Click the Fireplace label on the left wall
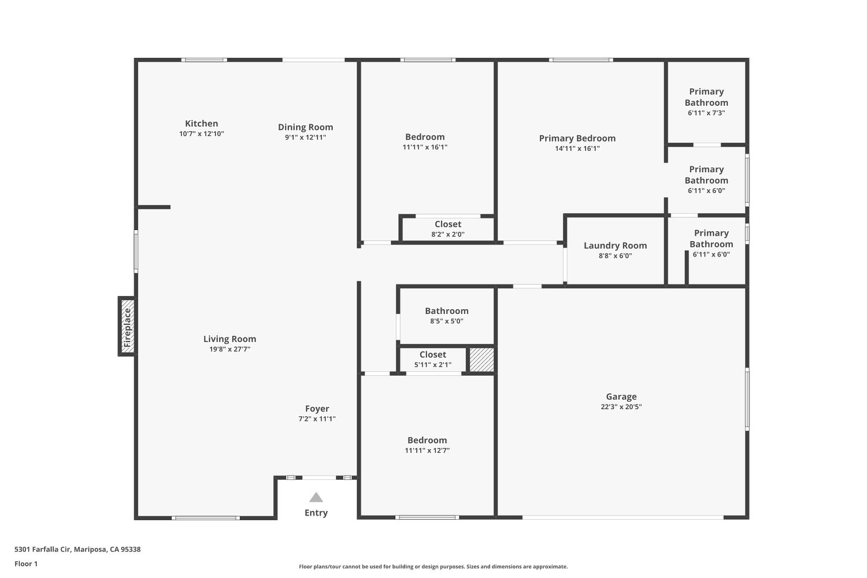[127, 327]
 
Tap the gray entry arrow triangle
[316, 498]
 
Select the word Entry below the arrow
[316, 513]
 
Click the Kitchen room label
[201, 123]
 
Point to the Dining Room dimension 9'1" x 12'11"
[305, 138]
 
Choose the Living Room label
[229, 339]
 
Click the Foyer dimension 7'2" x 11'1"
[317, 419]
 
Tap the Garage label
[621, 397]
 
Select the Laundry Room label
[615, 245]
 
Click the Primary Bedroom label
[577, 138]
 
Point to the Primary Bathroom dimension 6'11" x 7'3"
[706, 113]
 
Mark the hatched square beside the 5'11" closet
[481, 360]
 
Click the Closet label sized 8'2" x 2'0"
[448, 224]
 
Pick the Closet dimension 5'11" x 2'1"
[433, 365]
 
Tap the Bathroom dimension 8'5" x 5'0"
[446, 321]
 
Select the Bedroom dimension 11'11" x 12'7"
[427, 451]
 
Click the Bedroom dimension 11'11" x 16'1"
[425, 147]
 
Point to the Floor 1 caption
[26, 564]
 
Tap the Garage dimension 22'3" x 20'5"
[621, 407]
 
